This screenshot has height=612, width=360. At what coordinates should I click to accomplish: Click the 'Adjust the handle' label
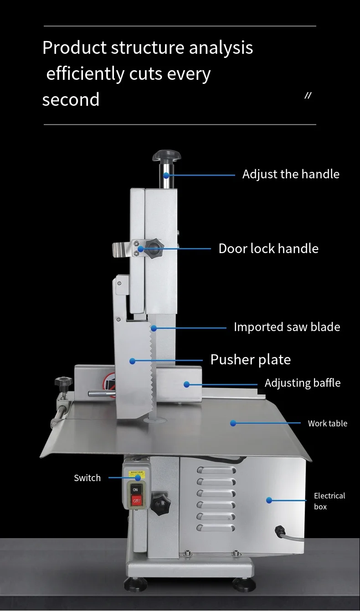point(291,174)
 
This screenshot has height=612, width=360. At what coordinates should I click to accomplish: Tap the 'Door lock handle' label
point(268,249)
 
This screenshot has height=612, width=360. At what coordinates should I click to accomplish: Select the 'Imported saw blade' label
point(287,327)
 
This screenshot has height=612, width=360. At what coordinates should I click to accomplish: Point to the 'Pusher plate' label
point(250,359)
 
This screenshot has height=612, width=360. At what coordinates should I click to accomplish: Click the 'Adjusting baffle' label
point(303,383)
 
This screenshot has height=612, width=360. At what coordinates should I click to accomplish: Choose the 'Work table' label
point(327,423)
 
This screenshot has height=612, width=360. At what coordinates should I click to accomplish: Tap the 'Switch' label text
point(87,478)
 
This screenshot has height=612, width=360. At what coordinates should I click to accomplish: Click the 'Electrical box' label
point(329,501)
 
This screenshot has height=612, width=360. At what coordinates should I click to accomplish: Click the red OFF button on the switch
point(136,500)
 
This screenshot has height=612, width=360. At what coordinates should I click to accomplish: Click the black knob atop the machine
point(167,156)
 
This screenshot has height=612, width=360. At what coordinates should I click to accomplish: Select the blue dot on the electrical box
point(269,500)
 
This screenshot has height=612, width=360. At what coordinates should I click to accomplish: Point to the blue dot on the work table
point(233,423)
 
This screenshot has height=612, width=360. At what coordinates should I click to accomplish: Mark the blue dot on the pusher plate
point(132,361)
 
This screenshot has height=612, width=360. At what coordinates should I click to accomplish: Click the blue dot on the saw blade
point(154,328)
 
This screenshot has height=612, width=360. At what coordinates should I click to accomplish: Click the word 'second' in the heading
point(71,99)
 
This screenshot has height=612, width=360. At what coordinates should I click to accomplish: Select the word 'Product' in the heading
point(74,47)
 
